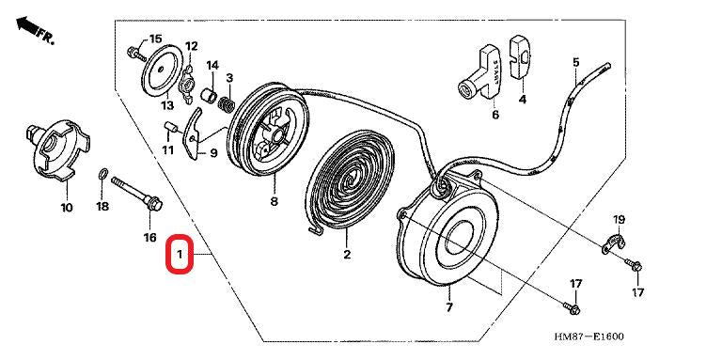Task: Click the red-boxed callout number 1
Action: [180, 255]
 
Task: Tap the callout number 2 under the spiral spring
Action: [346, 255]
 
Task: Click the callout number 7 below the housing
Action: [448, 307]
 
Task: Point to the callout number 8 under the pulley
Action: [274, 201]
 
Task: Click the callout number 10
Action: [66, 207]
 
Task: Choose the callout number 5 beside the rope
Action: [575, 63]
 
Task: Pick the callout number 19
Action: [619, 220]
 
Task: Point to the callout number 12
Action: [191, 45]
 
